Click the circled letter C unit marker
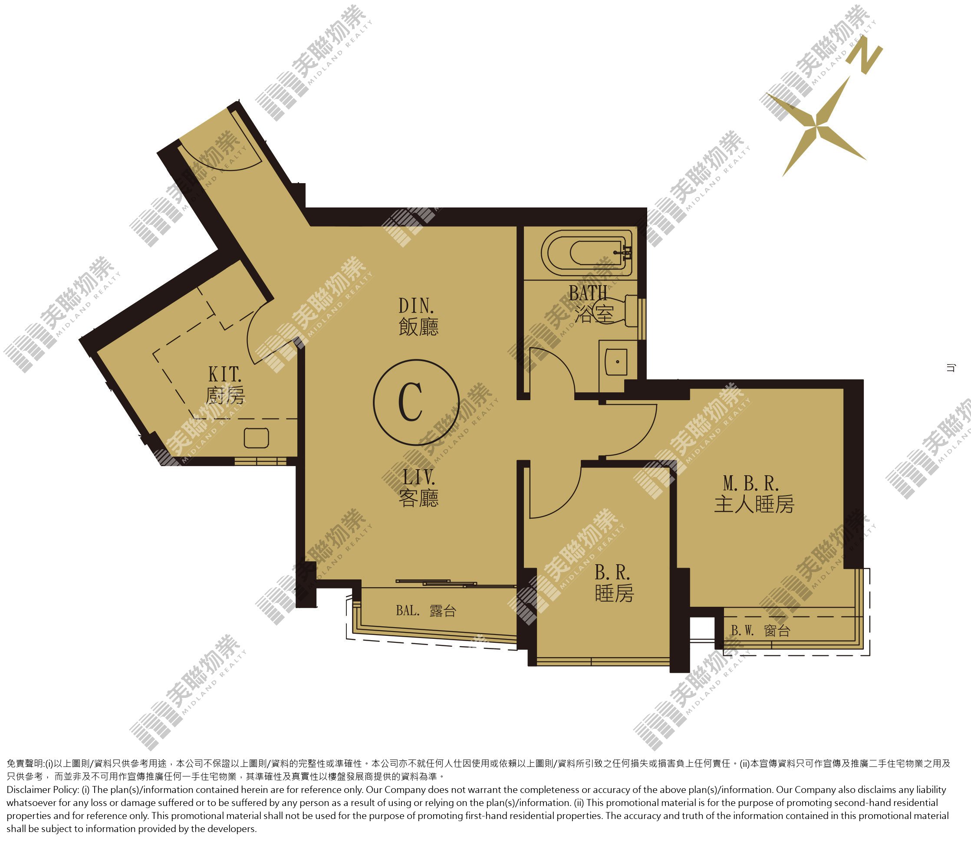tap(415, 402)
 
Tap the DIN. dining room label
tap(418, 317)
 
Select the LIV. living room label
tap(418, 488)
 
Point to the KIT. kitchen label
tap(225, 385)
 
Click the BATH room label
tap(591, 303)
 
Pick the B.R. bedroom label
tap(614, 583)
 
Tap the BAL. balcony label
tap(426, 611)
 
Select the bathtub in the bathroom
tap(586, 252)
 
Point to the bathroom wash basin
tap(616, 362)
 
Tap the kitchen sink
tap(257, 437)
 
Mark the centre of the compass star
tap(816, 126)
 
